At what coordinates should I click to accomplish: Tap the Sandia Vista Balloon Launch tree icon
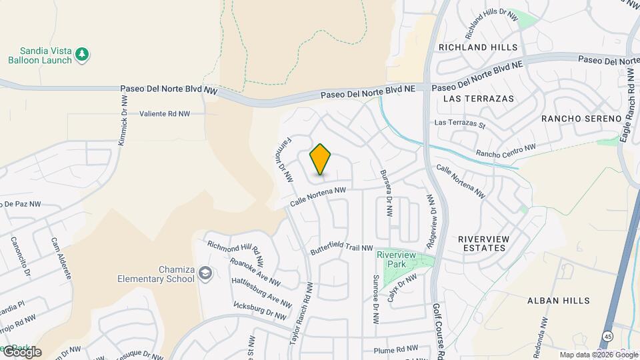(x=82, y=53)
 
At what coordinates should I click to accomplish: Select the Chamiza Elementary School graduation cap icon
(x=205, y=273)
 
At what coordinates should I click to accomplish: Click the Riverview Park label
(x=396, y=260)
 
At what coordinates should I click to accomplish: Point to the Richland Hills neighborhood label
(x=478, y=47)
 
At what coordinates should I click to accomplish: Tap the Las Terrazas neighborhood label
(x=479, y=99)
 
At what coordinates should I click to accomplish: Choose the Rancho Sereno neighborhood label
(x=577, y=119)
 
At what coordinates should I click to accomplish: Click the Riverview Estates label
(x=484, y=243)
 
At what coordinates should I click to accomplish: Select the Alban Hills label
(x=558, y=301)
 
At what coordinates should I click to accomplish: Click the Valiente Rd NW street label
(x=165, y=114)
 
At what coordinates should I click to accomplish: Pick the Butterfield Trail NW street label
(x=342, y=247)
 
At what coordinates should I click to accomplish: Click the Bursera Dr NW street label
(x=385, y=193)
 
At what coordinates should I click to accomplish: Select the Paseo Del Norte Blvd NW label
(x=169, y=89)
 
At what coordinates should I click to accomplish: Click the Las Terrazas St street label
(x=459, y=123)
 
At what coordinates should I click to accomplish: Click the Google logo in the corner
(x=21, y=352)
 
